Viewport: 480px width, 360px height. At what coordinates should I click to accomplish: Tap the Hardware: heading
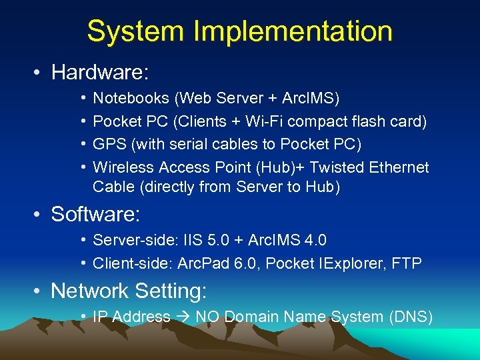pos(99,72)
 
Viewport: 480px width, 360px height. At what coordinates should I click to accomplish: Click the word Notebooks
pos(131,99)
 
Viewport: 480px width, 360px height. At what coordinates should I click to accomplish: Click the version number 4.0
pos(314,240)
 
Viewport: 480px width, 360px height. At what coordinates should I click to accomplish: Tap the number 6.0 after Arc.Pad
pos(246,263)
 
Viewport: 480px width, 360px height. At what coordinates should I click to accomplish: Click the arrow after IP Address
pos(183,317)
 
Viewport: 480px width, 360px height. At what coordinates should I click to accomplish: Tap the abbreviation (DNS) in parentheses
pos(410,317)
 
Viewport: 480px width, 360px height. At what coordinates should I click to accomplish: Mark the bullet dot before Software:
pos(39,215)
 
